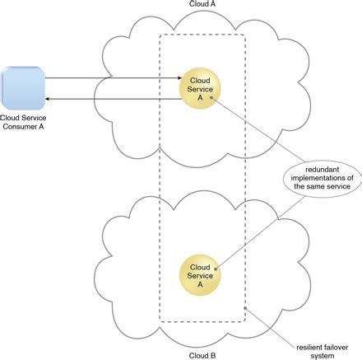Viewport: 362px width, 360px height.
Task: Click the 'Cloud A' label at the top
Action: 202,5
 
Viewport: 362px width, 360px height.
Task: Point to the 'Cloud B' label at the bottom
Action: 202,354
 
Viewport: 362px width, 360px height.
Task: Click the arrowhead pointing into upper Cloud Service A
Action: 177,80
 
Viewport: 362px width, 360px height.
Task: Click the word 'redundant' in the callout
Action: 323,167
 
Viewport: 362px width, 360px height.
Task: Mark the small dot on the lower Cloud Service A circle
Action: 216,268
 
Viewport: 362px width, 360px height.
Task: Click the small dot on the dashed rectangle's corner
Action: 245,311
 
